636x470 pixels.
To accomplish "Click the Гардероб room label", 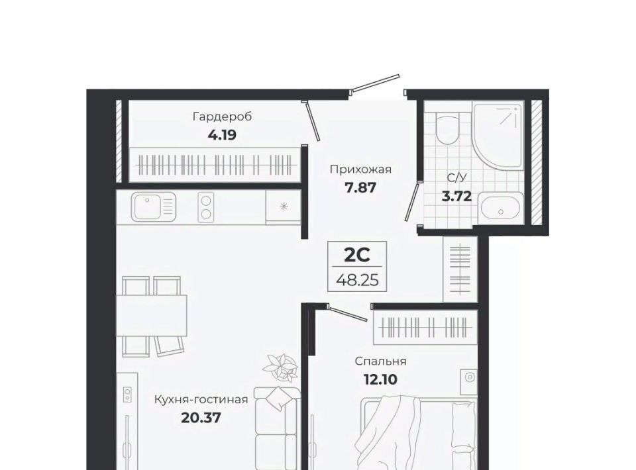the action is tap(223, 117).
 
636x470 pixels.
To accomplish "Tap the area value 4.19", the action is tap(222, 134).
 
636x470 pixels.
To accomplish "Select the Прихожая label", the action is tap(360, 169).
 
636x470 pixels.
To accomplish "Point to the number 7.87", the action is tap(360, 187).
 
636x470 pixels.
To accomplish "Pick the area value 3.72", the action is tap(456, 197).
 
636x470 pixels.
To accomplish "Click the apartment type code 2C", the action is tap(357, 255).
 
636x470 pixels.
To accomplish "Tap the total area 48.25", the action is tap(357, 279).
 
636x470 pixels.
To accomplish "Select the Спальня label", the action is tap(380, 361).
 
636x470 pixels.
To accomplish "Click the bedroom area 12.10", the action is tap(380, 380).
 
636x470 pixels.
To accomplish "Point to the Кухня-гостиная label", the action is tap(201, 400).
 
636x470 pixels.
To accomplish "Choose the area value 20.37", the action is tap(201, 417).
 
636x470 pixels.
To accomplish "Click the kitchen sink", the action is tap(153, 207).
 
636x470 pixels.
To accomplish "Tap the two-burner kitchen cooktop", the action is tap(206, 207).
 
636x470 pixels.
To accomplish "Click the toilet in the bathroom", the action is tap(447, 127).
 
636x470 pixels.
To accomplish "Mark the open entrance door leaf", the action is tap(376, 83).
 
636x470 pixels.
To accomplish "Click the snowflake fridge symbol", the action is tap(284, 207).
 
